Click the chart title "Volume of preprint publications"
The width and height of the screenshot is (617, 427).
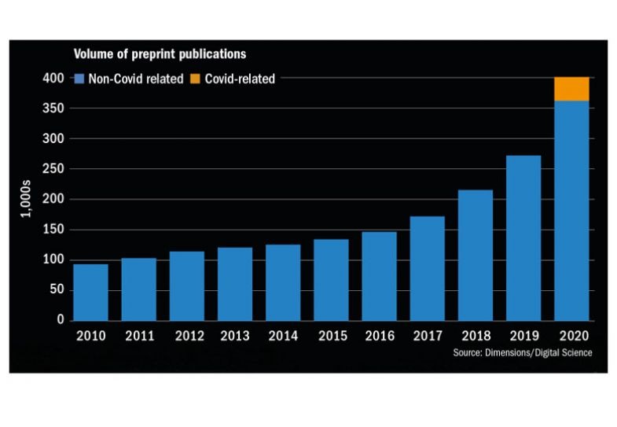click(160, 54)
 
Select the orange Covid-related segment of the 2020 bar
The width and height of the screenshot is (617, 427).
click(571, 89)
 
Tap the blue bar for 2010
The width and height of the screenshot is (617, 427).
click(90, 292)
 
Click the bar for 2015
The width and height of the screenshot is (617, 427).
click(331, 279)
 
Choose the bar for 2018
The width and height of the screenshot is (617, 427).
click(475, 255)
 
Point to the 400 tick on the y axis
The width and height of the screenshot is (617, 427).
click(53, 79)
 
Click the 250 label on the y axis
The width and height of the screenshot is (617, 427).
click(53, 169)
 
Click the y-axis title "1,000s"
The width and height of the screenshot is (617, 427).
click(27, 201)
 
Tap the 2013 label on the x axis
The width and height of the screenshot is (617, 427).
click(234, 337)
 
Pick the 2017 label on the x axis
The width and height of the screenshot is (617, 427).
click(427, 337)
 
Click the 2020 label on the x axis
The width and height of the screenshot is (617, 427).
click(571, 337)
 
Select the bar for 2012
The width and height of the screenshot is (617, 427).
click(186, 285)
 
